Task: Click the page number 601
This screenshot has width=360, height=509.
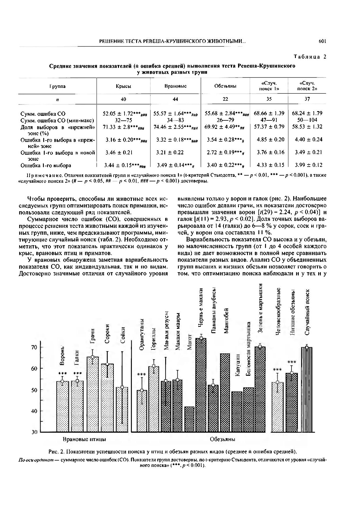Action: [x=322, y=41]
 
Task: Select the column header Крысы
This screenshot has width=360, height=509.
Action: [x=123, y=86]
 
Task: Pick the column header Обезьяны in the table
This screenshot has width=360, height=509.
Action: [x=225, y=86]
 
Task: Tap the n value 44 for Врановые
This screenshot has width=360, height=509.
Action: [x=175, y=99]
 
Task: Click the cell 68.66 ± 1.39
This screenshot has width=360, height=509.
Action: [x=269, y=113]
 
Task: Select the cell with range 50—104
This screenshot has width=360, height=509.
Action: [x=307, y=120]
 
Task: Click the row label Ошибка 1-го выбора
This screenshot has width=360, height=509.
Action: [x=46, y=165]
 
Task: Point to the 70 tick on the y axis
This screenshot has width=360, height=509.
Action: [x=34, y=347]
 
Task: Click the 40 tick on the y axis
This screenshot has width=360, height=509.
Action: [x=34, y=411]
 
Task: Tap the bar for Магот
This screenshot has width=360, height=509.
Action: [x=189, y=419]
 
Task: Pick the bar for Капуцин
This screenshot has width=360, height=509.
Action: [x=237, y=412]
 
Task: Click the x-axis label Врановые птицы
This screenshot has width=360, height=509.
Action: [x=84, y=439]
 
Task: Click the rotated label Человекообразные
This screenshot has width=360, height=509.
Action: [x=278, y=312]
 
